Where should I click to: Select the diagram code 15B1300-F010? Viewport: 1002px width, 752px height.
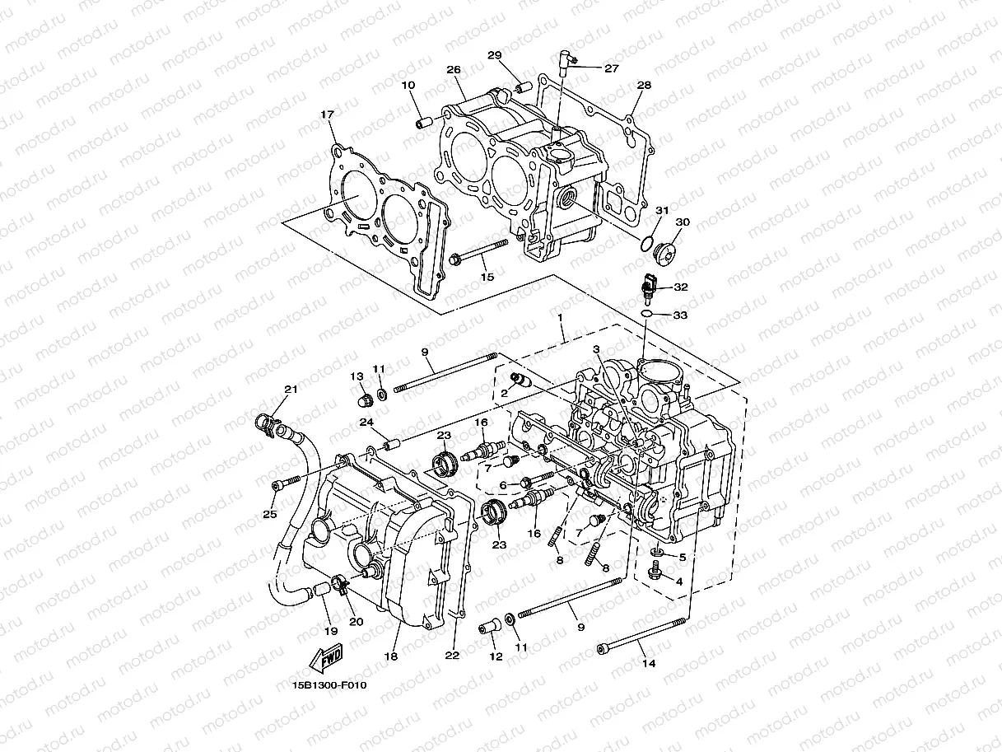pyautogui.click(x=329, y=684)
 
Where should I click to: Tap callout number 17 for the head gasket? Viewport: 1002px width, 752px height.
pyautogui.click(x=328, y=114)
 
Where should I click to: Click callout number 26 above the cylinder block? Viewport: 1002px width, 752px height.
pyautogui.click(x=453, y=70)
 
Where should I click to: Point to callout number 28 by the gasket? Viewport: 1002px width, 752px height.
pyautogui.click(x=644, y=86)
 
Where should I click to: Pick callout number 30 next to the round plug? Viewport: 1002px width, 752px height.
pyautogui.click(x=683, y=222)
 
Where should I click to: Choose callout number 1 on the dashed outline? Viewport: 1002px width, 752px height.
pyautogui.click(x=560, y=316)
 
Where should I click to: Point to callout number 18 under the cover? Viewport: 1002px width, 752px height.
pyautogui.click(x=390, y=656)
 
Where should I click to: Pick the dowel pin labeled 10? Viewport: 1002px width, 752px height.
pyautogui.click(x=424, y=124)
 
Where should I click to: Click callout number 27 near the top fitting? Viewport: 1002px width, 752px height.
pyautogui.click(x=611, y=69)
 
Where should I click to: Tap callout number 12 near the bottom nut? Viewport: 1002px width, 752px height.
pyautogui.click(x=495, y=656)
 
